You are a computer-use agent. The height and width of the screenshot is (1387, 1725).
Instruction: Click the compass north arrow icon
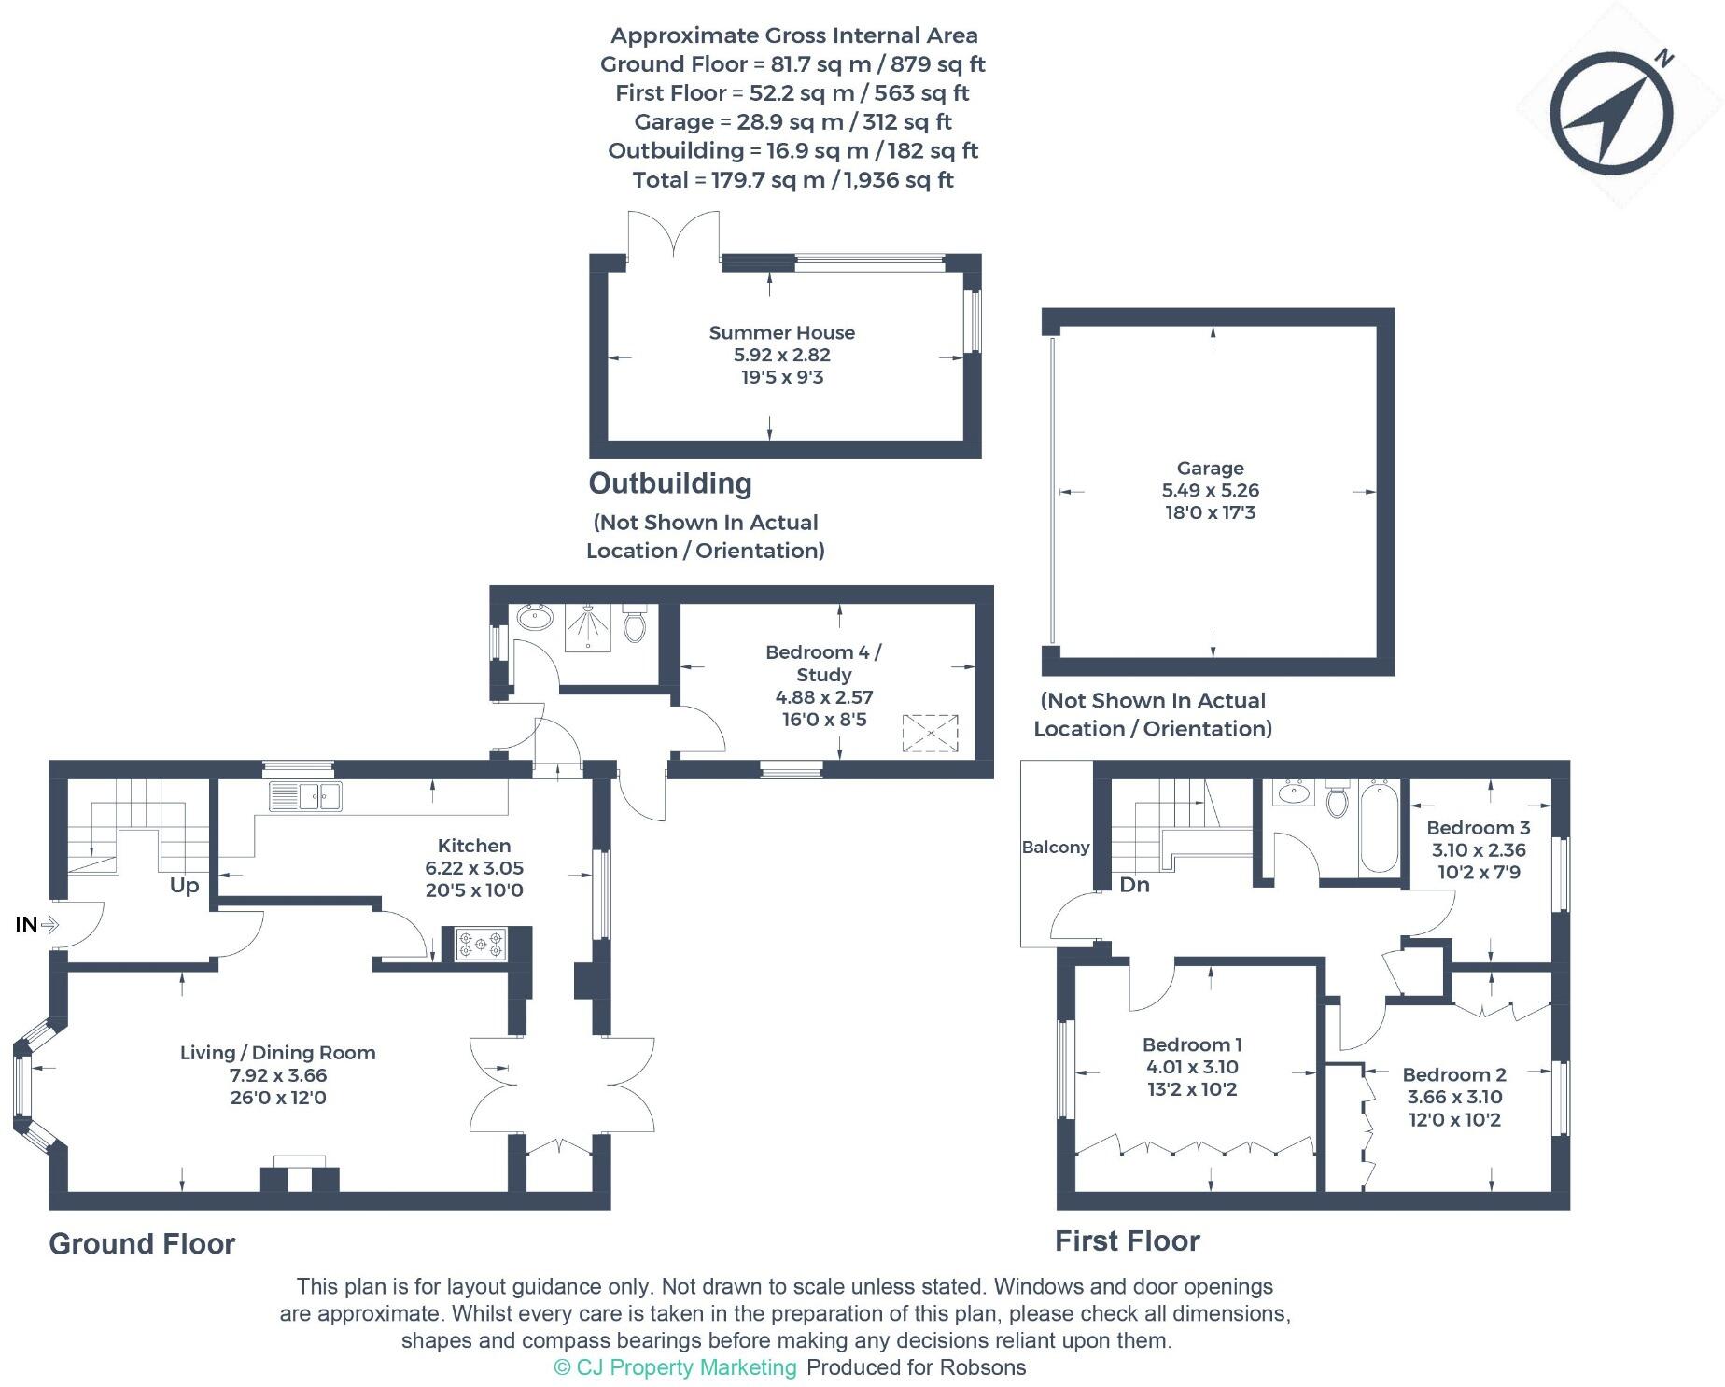pos(1611,113)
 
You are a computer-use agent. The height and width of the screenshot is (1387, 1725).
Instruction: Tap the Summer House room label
pos(781,333)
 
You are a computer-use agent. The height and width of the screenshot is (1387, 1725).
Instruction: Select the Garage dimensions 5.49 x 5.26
pos(1210,491)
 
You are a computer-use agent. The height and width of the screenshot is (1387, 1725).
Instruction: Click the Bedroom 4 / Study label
pos(822,663)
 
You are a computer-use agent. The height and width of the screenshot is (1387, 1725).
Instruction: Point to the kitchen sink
pos(305,796)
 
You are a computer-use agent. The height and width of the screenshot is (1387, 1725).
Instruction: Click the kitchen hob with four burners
pos(481,944)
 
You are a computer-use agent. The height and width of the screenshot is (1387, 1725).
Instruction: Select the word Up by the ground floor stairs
pos(184,886)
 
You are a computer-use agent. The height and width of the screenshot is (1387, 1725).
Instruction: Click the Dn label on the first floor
pos(1134,885)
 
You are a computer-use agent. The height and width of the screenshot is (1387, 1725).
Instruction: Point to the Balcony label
pos(1055,848)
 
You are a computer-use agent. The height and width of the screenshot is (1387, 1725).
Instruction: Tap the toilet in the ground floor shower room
pos(635,624)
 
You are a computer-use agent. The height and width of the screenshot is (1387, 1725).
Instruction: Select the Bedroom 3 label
pos(1478,828)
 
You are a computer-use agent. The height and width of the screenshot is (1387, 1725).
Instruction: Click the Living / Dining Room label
pos(277,1053)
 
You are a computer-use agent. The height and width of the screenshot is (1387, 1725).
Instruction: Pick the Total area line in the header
pos(792,180)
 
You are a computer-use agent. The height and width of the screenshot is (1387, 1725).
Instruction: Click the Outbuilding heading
pos(669,483)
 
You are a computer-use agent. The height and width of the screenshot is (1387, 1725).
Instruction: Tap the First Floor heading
pos(1127,1241)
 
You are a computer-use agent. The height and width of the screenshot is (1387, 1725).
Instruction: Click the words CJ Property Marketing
pos(686,1367)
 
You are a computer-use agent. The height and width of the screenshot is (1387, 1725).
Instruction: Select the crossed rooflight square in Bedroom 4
pos(930,733)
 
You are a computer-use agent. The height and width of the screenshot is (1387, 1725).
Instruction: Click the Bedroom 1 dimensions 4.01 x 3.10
pos(1191,1067)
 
